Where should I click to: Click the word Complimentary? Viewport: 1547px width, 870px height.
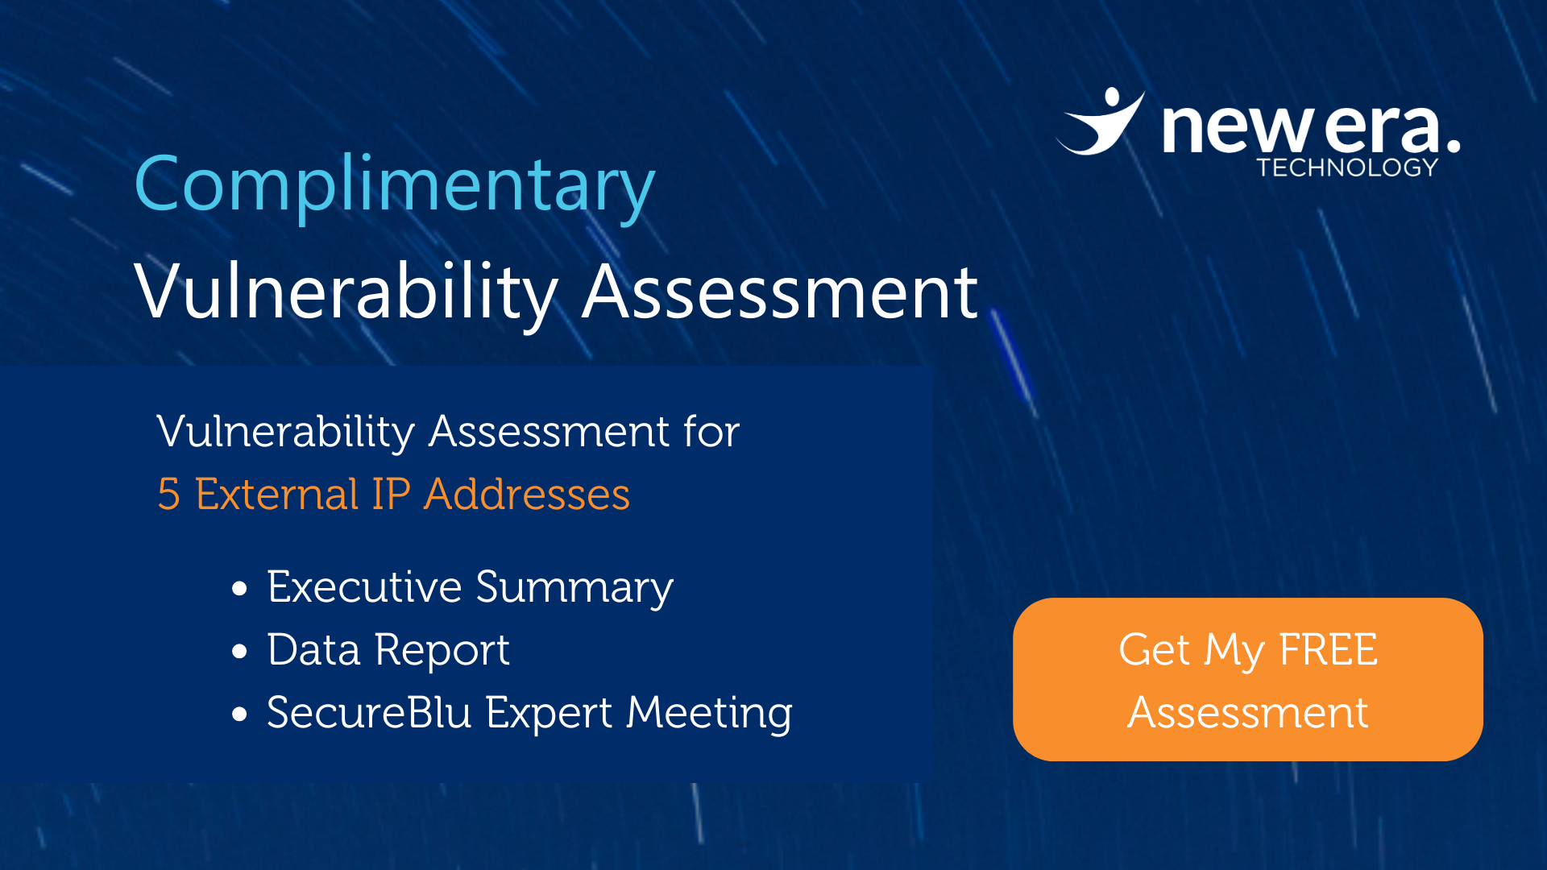click(x=395, y=187)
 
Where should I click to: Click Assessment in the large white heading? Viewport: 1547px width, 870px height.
click(x=780, y=292)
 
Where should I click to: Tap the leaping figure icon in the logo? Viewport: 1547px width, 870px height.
click(x=1101, y=121)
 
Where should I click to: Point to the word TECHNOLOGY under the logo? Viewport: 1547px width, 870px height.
click(x=1347, y=168)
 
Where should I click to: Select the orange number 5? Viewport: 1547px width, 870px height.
click(x=168, y=494)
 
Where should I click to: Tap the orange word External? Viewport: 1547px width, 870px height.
click(x=276, y=494)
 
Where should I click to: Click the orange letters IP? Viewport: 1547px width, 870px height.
click(x=391, y=494)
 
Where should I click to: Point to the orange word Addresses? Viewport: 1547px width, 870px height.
click(x=527, y=494)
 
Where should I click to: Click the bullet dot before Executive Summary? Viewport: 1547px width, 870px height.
click(x=239, y=589)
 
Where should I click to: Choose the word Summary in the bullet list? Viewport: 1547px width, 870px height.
click(x=574, y=588)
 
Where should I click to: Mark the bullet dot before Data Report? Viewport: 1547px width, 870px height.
click(x=239, y=652)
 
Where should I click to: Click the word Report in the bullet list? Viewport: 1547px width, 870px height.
click(x=442, y=651)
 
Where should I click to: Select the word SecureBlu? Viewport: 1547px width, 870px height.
click(x=369, y=712)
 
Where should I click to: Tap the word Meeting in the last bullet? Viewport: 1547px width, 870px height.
click(x=710, y=714)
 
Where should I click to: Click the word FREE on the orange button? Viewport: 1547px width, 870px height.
click(x=1329, y=649)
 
